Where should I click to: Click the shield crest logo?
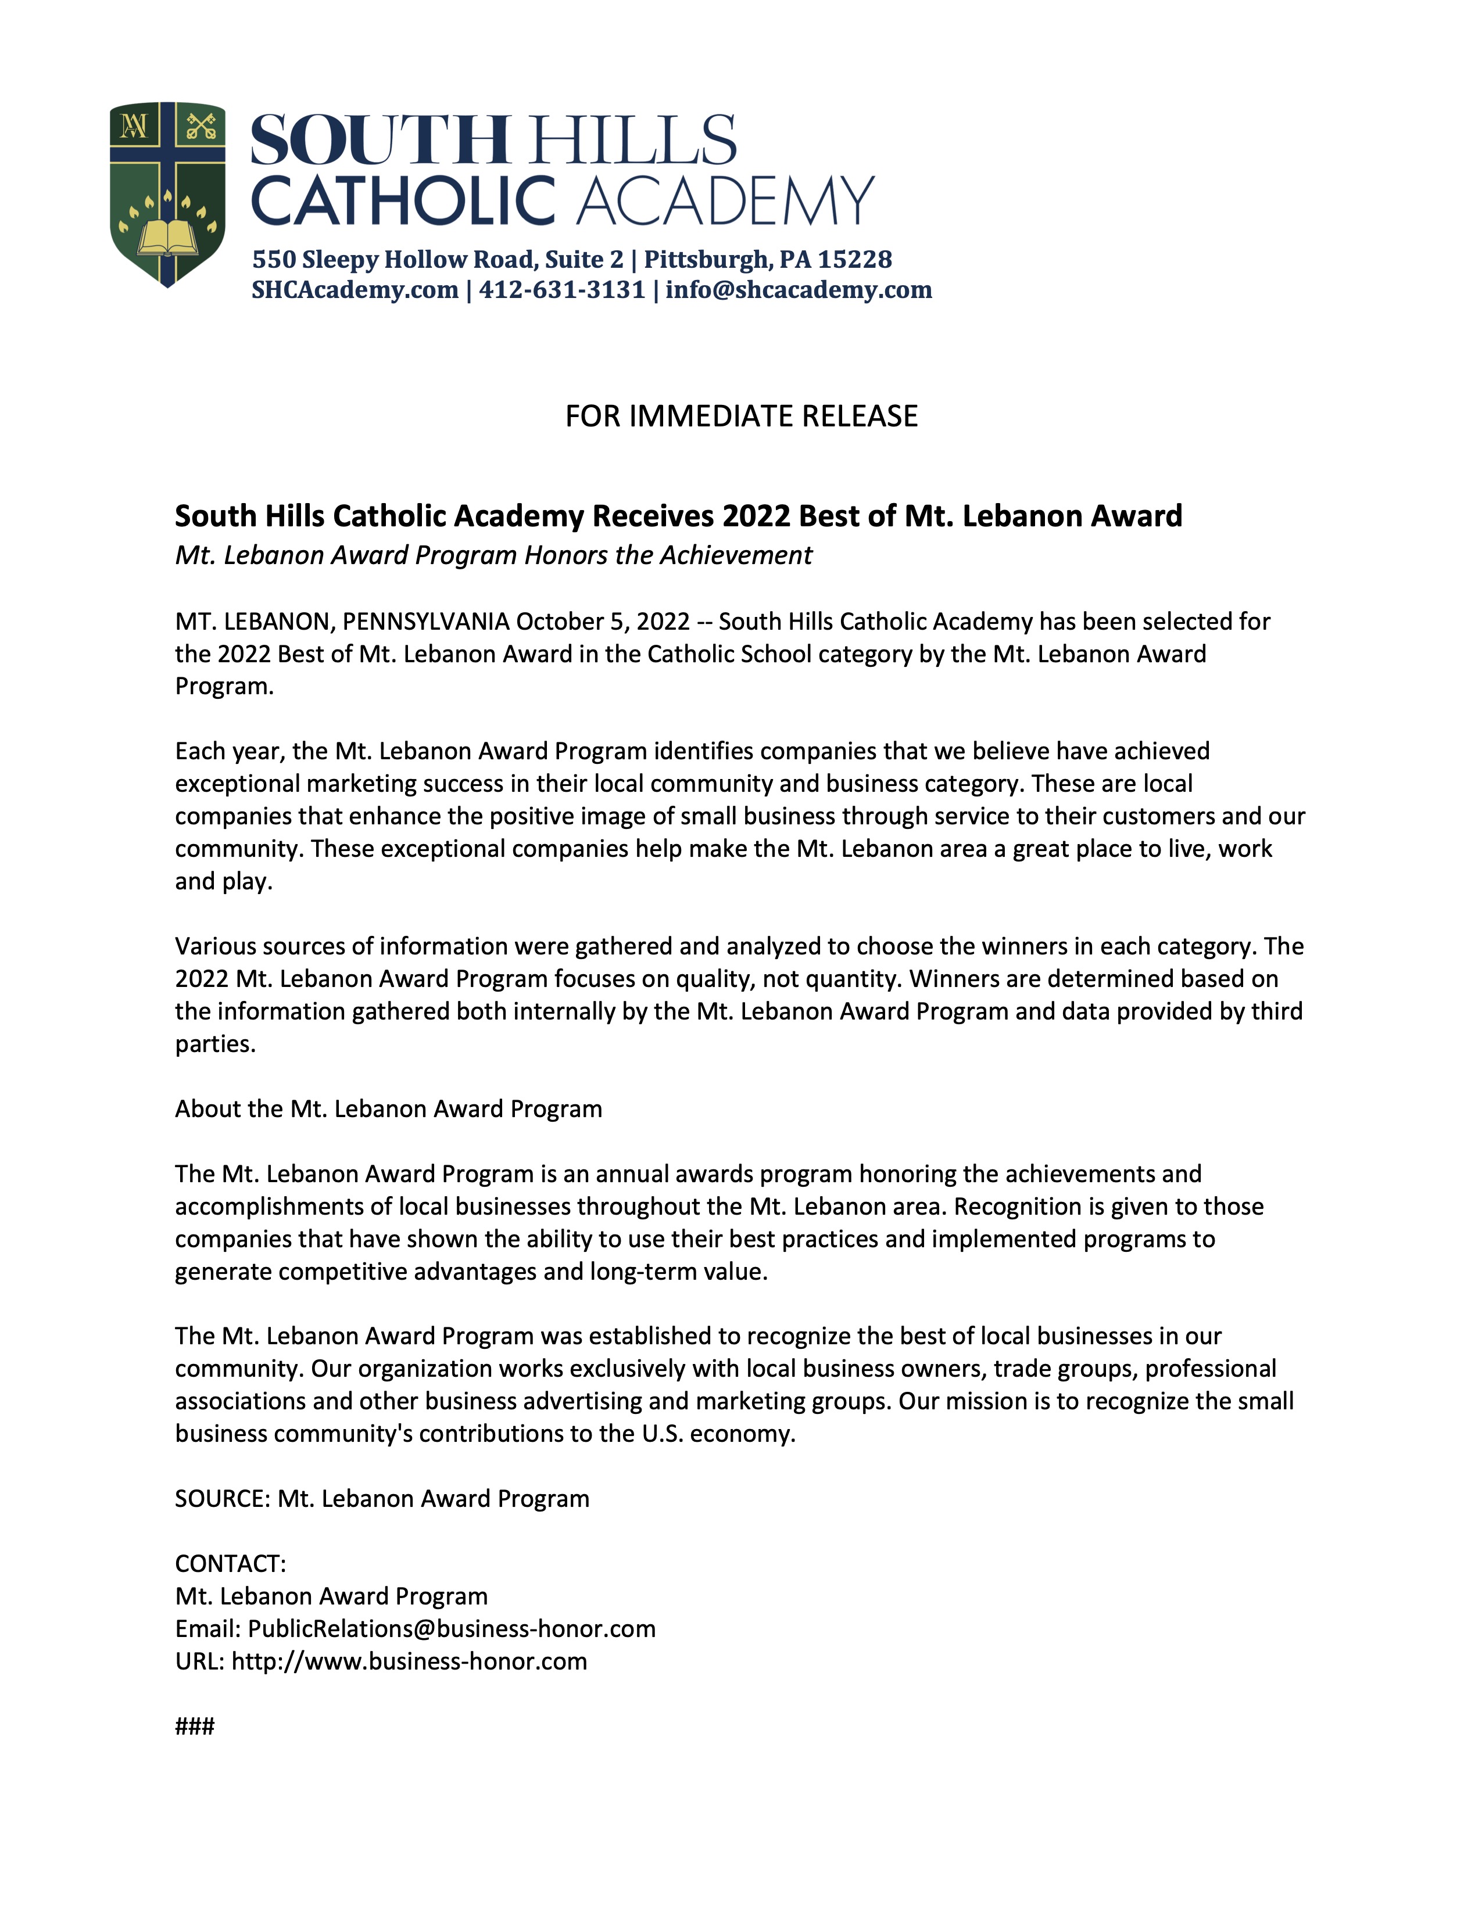coord(167,193)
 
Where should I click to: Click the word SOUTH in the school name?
coord(380,141)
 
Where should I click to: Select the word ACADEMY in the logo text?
coord(725,201)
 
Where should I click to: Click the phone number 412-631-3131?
coord(562,290)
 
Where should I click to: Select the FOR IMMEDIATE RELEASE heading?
coord(741,416)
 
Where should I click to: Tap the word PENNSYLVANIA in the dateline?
coord(426,622)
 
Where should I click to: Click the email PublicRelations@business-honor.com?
coord(451,1628)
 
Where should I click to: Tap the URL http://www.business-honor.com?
coord(409,1661)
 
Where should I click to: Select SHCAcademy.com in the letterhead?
coord(355,290)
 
